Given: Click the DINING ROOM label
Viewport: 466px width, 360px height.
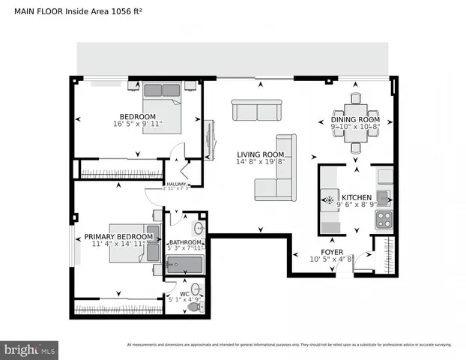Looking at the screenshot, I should point(355,120).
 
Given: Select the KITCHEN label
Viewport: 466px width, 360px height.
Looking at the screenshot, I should point(356,197).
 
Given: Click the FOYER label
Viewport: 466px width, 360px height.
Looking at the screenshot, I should point(332,251).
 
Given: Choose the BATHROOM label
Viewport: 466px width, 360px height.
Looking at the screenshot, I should point(185,242).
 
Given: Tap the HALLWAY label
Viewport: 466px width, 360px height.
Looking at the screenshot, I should point(176,184).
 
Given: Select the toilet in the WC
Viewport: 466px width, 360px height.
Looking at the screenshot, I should point(196,306).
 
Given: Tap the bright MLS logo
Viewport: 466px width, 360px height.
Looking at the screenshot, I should point(30,349).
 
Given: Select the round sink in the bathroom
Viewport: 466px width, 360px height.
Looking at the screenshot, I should point(200,228).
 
